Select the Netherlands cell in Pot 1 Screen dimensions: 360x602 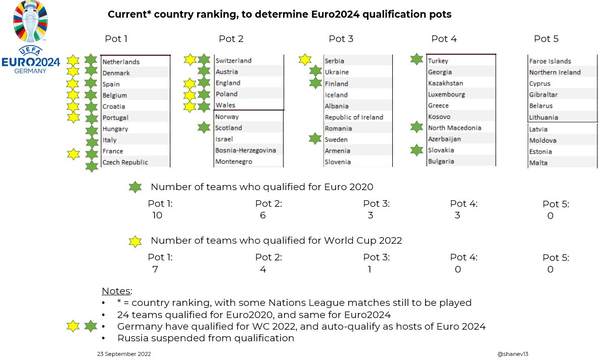121,62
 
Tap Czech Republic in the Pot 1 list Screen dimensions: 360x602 125,162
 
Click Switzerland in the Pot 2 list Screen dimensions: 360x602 234,61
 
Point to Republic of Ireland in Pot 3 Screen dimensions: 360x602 354,117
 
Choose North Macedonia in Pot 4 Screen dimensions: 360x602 454,128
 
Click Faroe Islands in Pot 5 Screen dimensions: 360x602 550,61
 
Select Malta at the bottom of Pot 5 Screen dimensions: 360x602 538,163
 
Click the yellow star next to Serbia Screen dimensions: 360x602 305,60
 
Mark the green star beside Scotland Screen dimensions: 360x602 204,127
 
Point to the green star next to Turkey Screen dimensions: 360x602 417,60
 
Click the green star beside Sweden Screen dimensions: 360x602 315,139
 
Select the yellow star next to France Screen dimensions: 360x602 74,154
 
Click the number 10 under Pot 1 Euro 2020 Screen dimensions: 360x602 157,215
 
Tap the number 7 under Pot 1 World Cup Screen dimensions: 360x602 155,269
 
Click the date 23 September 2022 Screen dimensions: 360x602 123,354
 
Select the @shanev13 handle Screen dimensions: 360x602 513,354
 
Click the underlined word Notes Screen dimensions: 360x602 117,291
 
